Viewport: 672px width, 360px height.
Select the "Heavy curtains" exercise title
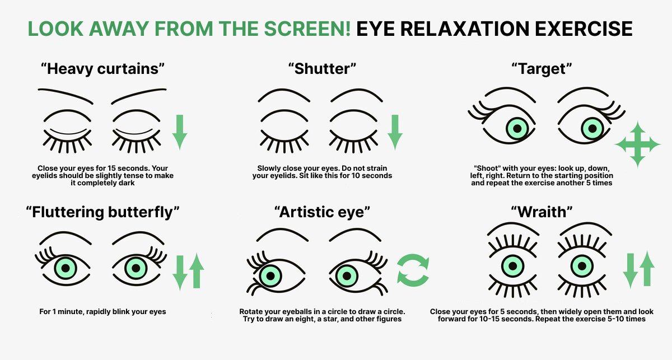click(x=102, y=69)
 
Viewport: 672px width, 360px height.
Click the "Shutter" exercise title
click(x=322, y=69)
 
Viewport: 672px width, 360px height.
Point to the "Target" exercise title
click(x=542, y=69)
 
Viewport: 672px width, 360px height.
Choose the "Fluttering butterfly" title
click(x=102, y=212)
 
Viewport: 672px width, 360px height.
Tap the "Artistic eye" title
click(x=322, y=212)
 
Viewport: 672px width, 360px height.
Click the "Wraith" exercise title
click(x=542, y=212)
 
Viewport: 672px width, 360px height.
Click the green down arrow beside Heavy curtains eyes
click(x=180, y=132)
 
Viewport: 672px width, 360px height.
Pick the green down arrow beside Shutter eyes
click(x=395, y=132)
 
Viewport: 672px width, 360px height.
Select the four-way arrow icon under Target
click(x=638, y=144)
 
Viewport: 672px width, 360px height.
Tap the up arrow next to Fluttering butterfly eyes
click(x=197, y=270)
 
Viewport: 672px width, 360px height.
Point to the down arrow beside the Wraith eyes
click(x=631, y=271)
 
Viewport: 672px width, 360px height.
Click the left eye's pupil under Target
click(x=517, y=129)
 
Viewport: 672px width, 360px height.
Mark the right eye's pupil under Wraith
click(x=582, y=266)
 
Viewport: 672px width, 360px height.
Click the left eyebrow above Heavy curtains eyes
click(x=66, y=96)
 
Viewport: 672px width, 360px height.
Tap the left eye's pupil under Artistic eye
click(x=270, y=275)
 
